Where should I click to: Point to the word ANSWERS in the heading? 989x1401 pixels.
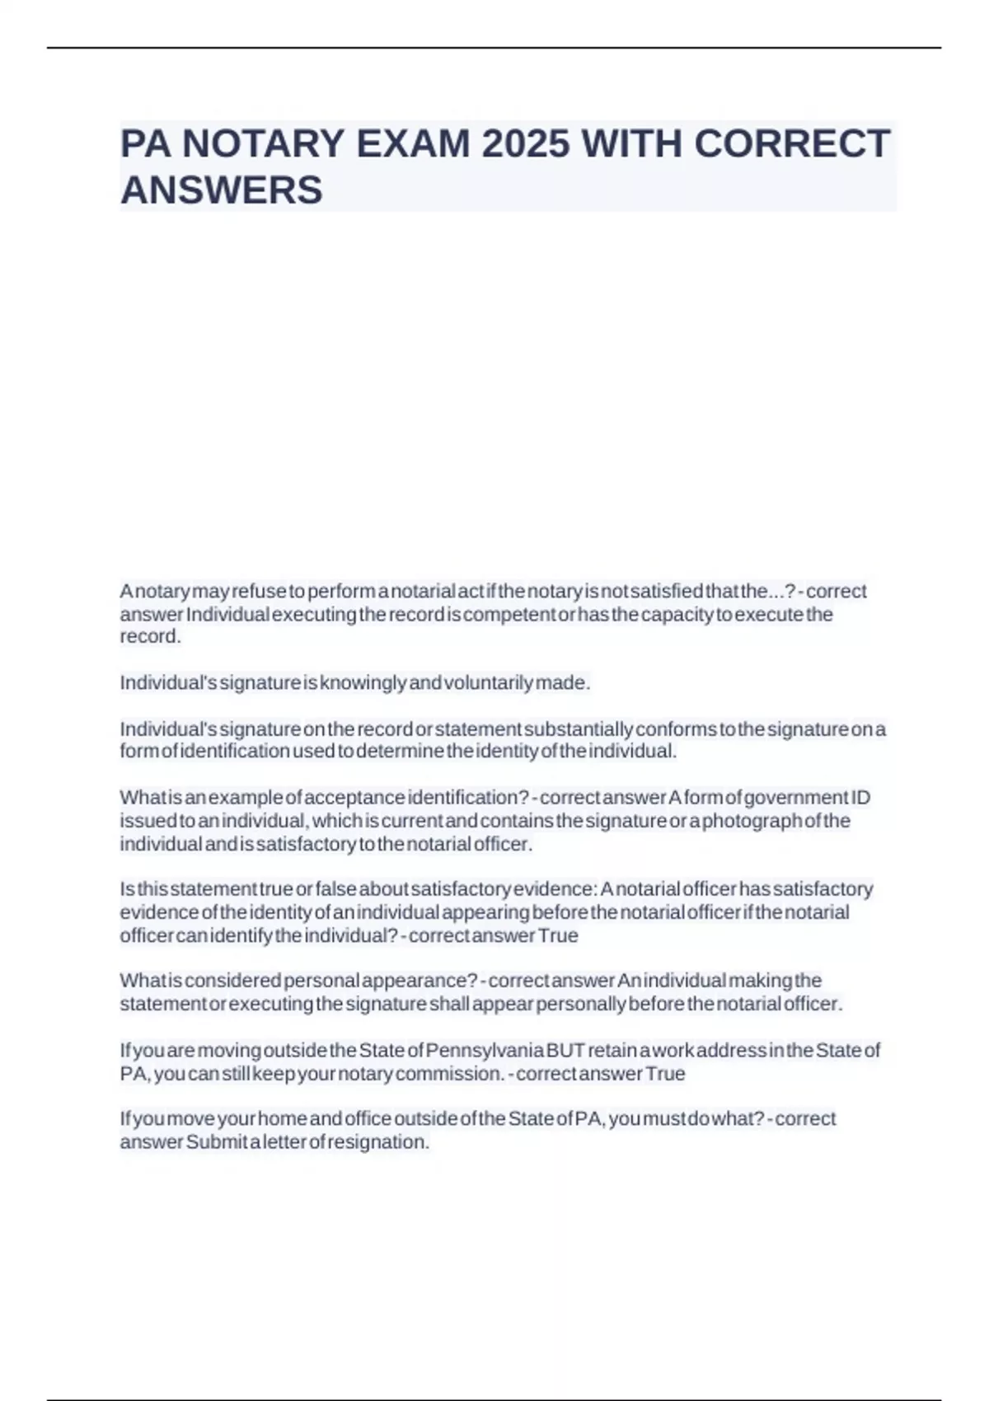pyautogui.click(x=222, y=190)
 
